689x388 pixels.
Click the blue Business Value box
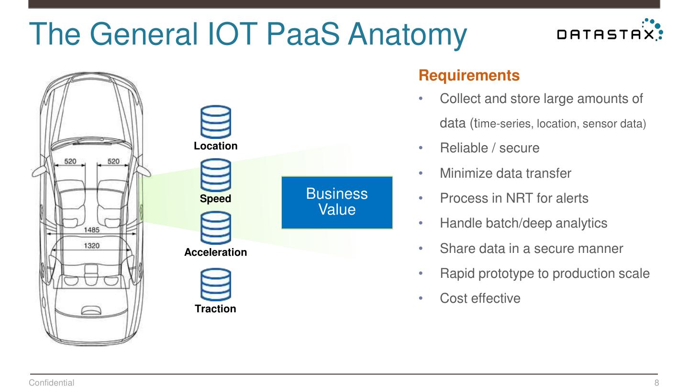point(337,202)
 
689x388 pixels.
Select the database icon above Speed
point(216,175)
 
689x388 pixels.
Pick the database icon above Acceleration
point(216,228)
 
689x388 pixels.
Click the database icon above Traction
point(216,284)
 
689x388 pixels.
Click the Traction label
point(216,309)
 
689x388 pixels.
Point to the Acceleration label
point(216,252)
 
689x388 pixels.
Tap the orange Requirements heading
point(469,76)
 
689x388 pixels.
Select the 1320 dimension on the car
point(91,246)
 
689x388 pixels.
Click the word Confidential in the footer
point(52,382)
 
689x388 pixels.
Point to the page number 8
point(656,382)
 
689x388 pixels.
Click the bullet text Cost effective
point(480,298)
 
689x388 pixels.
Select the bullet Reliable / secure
point(489,148)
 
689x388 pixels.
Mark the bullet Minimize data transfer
point(505,173)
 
